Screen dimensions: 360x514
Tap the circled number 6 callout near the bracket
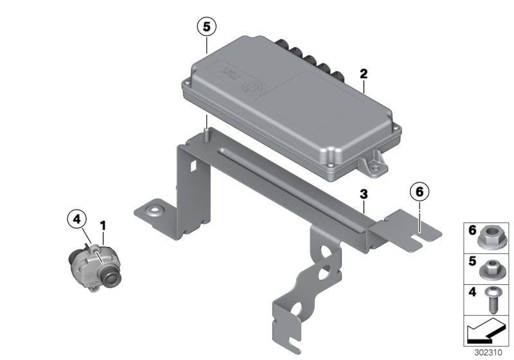[418, 192]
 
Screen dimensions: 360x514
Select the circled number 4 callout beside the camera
[77, 220]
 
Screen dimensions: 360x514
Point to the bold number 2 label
[364, 75]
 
